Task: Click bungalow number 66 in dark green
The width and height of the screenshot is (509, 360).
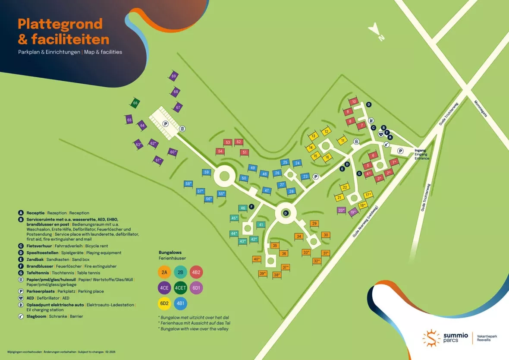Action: (x=135, y=104)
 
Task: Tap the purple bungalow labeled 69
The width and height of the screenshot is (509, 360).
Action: (x=174, y=76)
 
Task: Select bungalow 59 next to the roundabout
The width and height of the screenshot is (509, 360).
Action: (x=207, y=173)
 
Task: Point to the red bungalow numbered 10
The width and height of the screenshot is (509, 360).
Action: (x=354, y=102)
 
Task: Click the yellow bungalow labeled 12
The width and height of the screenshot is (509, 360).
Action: (x=326, y=131)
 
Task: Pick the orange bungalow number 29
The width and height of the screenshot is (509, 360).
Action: (x=314, y=224)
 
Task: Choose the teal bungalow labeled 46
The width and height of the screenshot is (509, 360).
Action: (x=243, y=208)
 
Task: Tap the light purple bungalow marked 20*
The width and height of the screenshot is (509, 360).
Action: (x=341, y=210)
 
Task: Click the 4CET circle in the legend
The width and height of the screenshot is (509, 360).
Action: (x=180, y=288)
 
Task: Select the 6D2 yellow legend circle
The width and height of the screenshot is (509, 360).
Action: (x=164, y=303)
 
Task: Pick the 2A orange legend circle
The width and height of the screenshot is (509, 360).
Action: (x=164, y=272)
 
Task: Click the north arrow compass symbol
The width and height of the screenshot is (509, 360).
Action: (x=375, y=32)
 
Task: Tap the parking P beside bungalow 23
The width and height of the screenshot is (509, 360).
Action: (x=316, y=177)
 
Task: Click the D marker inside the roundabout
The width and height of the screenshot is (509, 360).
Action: (x=286, y=213)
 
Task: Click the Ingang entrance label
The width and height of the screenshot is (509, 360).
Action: (x=420, y=150)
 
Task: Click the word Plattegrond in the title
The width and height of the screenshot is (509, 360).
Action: (x=60, y=24)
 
